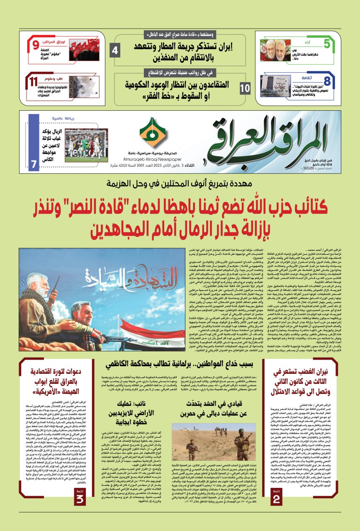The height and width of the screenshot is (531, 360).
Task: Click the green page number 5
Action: tap(327, 43)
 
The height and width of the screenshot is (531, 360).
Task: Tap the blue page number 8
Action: tap(327, 80)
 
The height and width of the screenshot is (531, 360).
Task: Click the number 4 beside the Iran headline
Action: tap(115, 51)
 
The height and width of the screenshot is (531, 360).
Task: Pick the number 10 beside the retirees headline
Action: tap(246, 88)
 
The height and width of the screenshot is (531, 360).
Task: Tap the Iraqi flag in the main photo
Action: tap(149, 325)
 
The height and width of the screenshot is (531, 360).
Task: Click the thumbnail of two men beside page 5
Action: tap(275, 50)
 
